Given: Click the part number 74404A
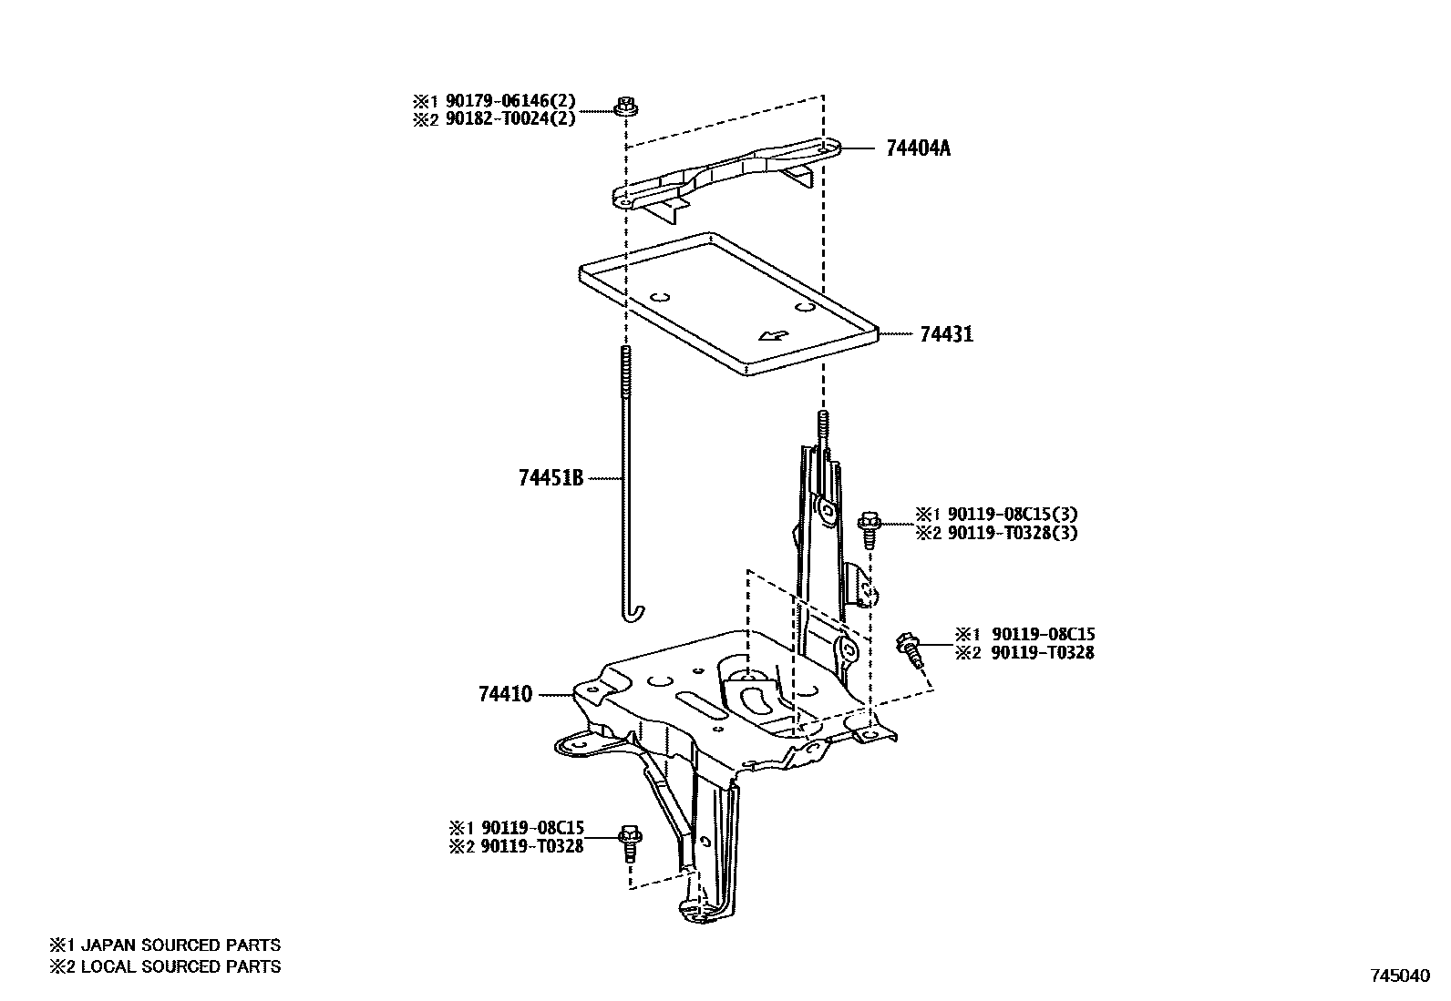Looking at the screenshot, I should pyautogui.click(x=917, y=148).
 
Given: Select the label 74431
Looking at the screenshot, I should pyautogui.click(x=946, y=334).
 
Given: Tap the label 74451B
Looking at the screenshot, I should pyautogui.click(x=550, y=477).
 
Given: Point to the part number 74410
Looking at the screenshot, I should pyautogui.click(x=505, y=695).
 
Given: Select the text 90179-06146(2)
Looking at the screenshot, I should pyautogui.click(x=516, y=102).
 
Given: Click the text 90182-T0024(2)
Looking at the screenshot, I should pyautogui.click(x=516, y=118).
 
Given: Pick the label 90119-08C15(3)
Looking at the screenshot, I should pyautogui.click(x=1013, y=515).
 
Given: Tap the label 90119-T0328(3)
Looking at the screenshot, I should pyautogui.click(x=1013, y=533).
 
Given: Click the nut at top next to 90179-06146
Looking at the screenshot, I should pyautogui.click(x=625, y=107).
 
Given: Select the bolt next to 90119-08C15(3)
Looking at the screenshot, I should pyautogui.click(x=870, y=529).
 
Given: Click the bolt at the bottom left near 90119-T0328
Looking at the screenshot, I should pyautogui.click(x=629, y=843).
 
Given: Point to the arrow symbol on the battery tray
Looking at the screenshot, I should pyautogui.click(x=774, y=335).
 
